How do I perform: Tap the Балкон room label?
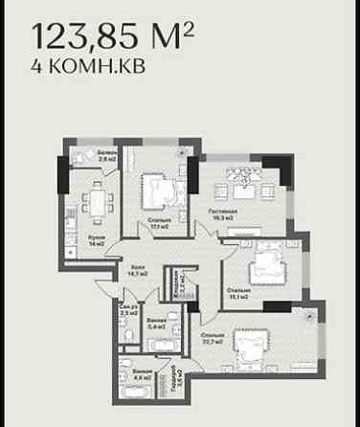(x=107, y=156)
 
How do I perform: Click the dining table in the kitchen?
(x=98, y=203)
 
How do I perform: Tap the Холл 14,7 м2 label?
(x=138, y=271)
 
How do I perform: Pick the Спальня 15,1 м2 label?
(x=239, y=292)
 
